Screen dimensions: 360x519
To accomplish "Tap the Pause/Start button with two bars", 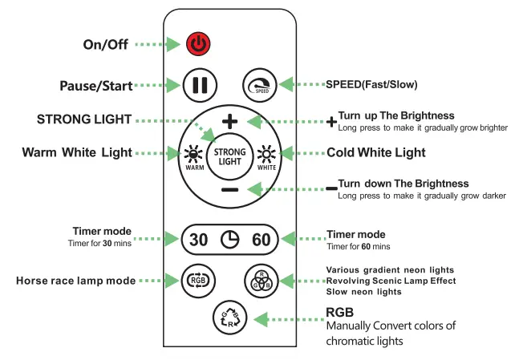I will [197, 85].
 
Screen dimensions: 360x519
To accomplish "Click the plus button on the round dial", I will [230, 122].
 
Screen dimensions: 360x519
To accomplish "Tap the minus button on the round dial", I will [230, 189].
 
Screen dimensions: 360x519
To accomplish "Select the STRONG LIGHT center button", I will [230, 156].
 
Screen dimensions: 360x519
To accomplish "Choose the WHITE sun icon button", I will [266, 156].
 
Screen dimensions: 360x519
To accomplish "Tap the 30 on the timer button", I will [198, 239].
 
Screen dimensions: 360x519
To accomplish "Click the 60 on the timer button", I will [262, 239].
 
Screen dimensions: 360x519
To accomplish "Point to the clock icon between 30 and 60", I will [230, 239].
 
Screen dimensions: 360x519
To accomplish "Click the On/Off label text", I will [105, 44].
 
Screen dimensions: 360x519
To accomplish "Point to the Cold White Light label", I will [376, 152].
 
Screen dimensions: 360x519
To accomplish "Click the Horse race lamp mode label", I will [75, 281].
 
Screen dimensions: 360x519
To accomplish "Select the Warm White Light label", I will [77, 152].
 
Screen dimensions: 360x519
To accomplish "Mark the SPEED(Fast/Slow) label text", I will [371, 84].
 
